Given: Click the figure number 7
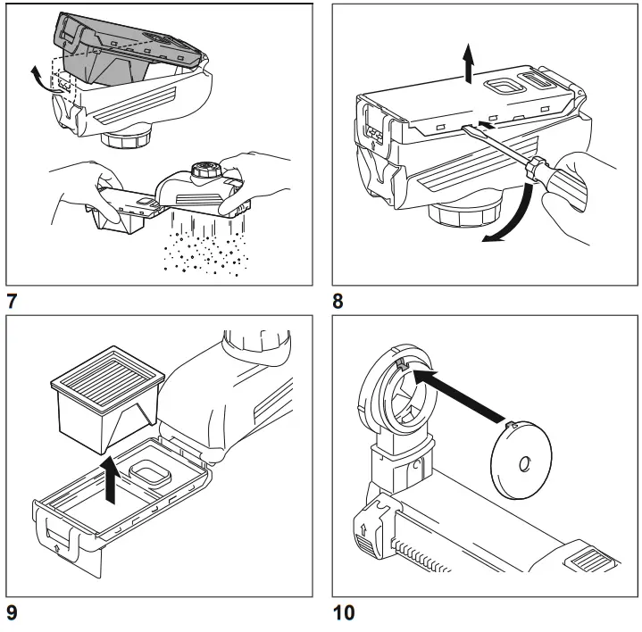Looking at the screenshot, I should click(x=13, y=300).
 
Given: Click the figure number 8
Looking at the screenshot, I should click(x=338, y=301).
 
